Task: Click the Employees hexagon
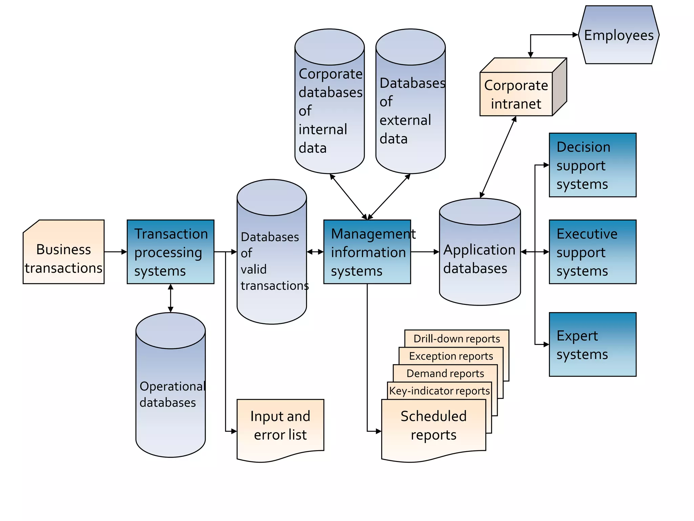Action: [x=618, y=35]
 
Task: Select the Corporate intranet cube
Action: [x=516, y=94]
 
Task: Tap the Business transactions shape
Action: [x=63, y=258]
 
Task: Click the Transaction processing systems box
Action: [x=170, y=252]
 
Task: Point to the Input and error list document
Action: [x=280, y=426]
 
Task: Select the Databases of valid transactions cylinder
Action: [x=272, y=261]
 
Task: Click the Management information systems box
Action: [x=367, y=252]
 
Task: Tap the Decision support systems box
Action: [x=592, y=165]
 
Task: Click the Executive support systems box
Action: [x=592, y=252]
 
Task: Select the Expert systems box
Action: [x=592, y=344]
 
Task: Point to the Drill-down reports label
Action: [x=456, y=339]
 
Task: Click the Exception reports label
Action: [x=451, y=356]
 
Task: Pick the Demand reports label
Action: [x=445, y=373]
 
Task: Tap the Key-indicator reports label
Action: [x=439, y=391]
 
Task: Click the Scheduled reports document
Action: [x=433, y=426]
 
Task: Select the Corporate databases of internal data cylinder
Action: [x=329, y=110]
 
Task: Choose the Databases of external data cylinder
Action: [x=410, y=110]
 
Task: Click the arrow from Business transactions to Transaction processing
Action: [x=115, y=252]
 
